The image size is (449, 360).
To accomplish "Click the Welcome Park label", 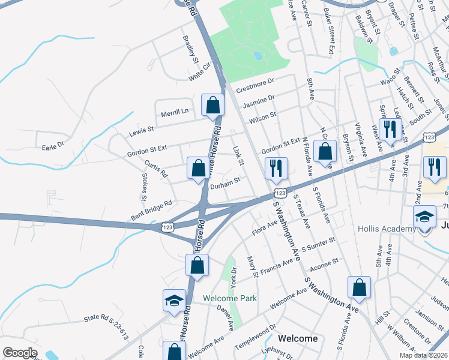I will (230, 298).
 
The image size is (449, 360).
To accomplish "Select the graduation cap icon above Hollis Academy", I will (424, 216).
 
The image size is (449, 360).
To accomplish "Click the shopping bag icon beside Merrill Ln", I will (212, 106).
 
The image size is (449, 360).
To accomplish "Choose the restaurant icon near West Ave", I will (390, 130).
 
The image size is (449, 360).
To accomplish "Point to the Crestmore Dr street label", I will (255, 86).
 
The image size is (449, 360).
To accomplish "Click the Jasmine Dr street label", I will (258, 100).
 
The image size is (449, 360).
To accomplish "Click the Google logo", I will (20, 353).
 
